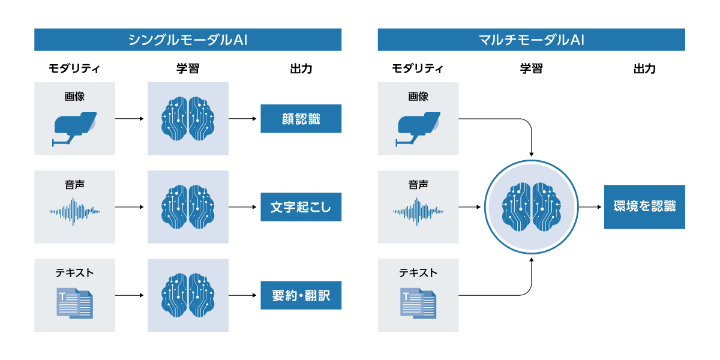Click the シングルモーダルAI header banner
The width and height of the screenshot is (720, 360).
[188, 40]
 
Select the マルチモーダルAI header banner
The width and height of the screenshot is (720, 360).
[531, 40]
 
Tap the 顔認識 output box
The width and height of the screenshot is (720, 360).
[301, 119]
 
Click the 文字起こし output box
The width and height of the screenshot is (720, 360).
[301, 207]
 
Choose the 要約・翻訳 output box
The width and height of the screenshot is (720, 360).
[301, 295]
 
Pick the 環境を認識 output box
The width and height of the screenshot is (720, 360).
[644, 207]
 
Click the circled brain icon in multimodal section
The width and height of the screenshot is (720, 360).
[532, 207]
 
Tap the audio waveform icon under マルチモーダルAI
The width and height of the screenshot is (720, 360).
[418, 211]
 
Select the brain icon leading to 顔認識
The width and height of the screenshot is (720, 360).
[188, 119]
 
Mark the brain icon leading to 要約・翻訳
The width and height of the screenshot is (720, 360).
[188, 295]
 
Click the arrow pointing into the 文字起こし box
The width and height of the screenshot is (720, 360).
[244, 207]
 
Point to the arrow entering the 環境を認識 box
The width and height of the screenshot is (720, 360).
[591, 207]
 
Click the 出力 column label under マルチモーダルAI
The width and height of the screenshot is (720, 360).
[644, 69]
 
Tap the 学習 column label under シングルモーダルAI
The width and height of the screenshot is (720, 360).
[188, 69]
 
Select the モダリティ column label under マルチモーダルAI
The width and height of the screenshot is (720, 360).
[418, 69]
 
